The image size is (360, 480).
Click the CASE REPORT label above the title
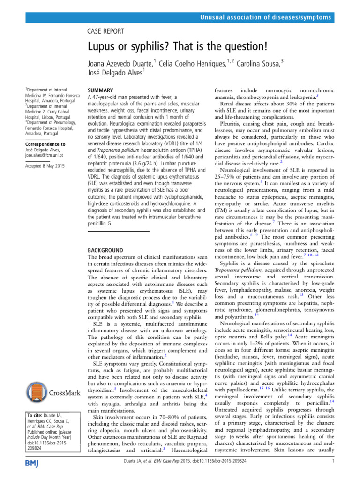106,31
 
